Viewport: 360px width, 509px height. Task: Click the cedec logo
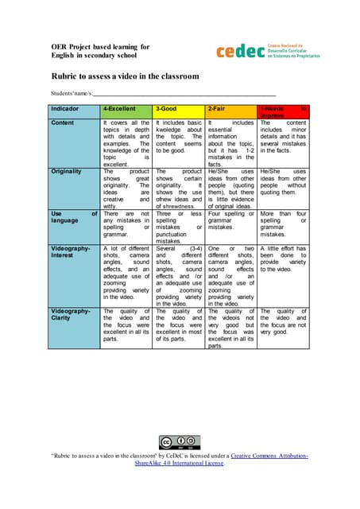pyautogui.click(x=267, y=51)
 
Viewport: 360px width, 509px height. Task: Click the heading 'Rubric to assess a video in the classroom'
pyautogui.click(x=125, y=76)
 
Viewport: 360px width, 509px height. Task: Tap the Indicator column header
pyautogui.click(x=74, y=109)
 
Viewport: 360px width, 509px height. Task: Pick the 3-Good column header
pyautogui.click(x=178, y=107)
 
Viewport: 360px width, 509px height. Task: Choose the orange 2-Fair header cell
pyautogui.click(x=230, y=107)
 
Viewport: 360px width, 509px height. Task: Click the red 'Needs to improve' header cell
pyautogui.click(x=283, y=110)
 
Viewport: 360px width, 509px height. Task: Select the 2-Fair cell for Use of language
pyautogui.click(x=230, y=222)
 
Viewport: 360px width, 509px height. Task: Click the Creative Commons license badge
pyautogui.click(x=180, y=442)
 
